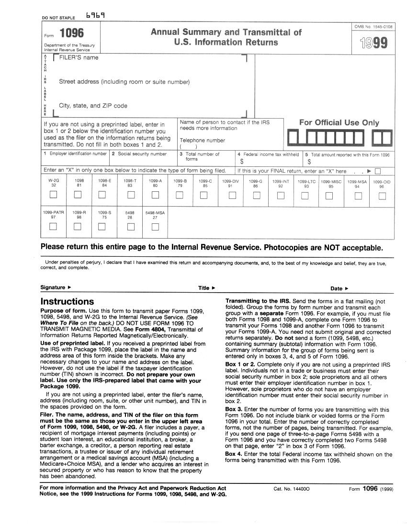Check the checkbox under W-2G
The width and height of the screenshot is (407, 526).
coord(54,195)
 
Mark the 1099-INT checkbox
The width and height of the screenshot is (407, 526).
coord(280,195)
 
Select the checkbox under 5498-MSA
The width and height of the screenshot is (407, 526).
coord(155,226)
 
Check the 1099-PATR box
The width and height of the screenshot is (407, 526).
coord(54,226)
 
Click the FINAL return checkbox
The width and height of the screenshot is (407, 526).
coord(378,171)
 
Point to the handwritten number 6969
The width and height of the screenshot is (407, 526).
coord(95,15)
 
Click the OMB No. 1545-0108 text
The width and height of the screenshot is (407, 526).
coord(372,27)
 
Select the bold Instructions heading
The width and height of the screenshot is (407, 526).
coord(67,302)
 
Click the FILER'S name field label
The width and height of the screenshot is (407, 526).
coord(79,58)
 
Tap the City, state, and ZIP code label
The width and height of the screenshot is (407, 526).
coord(93,106)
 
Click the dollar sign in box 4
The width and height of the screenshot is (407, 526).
coord(242,162)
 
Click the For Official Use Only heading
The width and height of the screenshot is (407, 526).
coord(339,123)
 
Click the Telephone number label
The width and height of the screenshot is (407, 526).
coord(202,141)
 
